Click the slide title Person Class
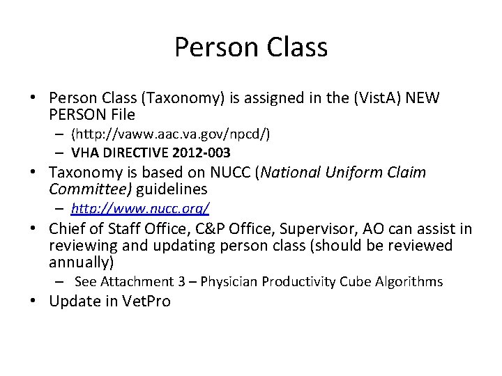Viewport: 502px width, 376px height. [251, 47]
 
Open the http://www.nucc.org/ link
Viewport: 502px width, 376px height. [140, 207]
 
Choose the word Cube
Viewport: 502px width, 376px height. [356, 281]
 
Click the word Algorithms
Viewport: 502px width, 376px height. [408, 281]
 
